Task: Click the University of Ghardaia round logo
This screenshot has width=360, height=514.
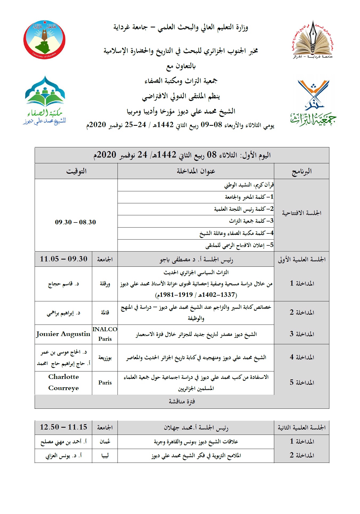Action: pyautogui.click(x=44, y=39)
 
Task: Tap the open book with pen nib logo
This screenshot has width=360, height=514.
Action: pyautogui.click(x=313, y=39)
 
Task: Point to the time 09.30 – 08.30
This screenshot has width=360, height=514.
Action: pyautogui.click(x=75, y=222)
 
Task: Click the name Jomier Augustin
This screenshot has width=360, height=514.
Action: pyautogui.click(x=63, y=334)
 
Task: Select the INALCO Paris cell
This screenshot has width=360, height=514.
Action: pyautogui.click(x=105, y=334)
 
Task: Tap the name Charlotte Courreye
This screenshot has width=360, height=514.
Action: pyautogui.click(x=63, y=382)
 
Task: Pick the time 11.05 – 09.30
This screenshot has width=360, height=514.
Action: pyautogui.click(x=64, y=259)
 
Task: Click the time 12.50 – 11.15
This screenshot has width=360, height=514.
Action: pyautogui.click(x=63, y=427)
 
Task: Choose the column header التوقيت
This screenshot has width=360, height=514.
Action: pyautogui.click(x=76, y=171)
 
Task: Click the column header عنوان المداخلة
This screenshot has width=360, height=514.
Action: pyautogui.click(x=196, y=171)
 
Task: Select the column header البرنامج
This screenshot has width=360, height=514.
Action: pyautogui.click(x=302, y=171)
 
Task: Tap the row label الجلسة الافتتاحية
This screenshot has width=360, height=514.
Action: pyautogui.click(x=302, y=213)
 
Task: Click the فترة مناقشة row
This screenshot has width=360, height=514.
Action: pyautogui.click(x=182, y=401)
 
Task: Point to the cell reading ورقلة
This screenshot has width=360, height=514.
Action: pyautogui.click(x=105, y=284)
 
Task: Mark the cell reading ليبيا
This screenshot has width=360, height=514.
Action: pyautogui.click(x=105, y=456)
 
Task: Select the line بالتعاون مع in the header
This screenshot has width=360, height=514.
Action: pyautogui.click(x=181, y=66)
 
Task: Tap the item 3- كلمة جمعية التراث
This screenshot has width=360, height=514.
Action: pyautogui.click(x=251, y=221)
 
